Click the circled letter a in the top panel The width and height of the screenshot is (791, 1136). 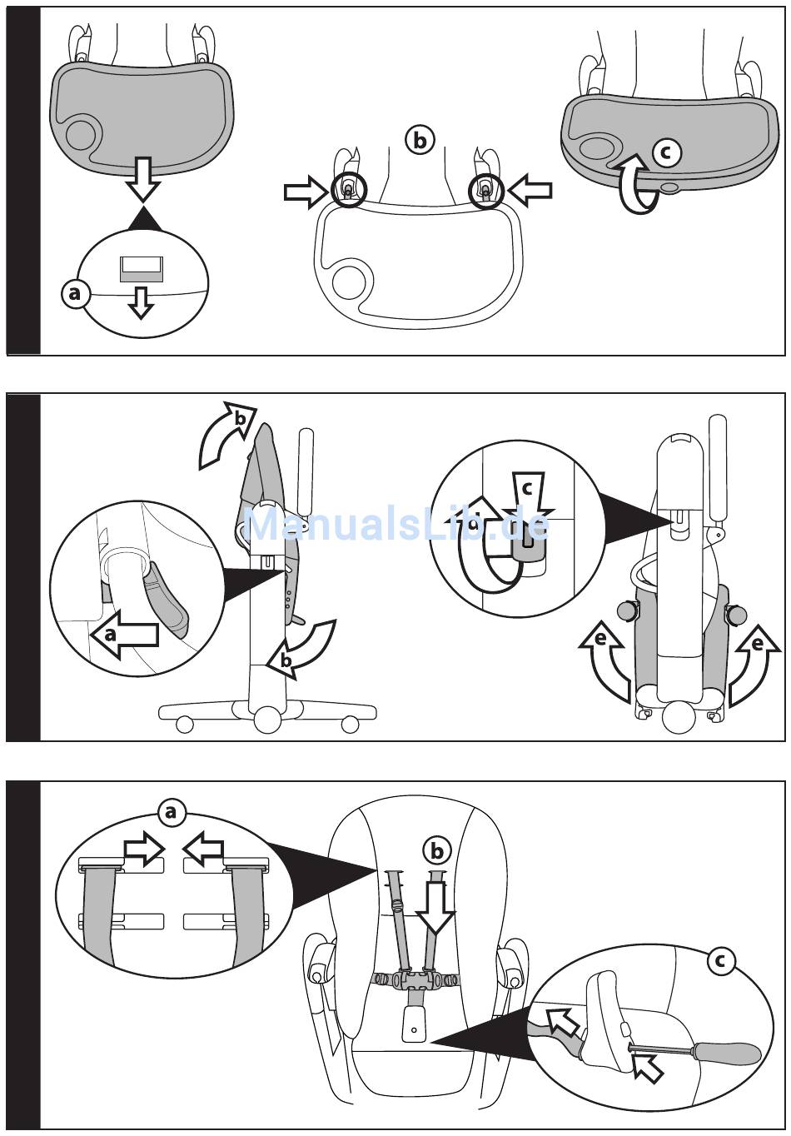[75, 294]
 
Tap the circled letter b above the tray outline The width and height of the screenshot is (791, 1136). [420, 141]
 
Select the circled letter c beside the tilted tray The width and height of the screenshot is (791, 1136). [666, 152]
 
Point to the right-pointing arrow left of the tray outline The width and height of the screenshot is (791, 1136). [306, 192]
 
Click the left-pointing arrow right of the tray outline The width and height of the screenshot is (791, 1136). [530, 192]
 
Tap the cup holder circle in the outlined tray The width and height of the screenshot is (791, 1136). [347, 282]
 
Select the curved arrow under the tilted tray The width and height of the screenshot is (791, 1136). [637, 184]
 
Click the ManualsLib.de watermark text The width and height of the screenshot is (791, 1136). [398, 525]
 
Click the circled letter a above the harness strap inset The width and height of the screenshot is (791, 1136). [171, 810]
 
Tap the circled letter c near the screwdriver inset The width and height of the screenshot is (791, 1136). [721, 962]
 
